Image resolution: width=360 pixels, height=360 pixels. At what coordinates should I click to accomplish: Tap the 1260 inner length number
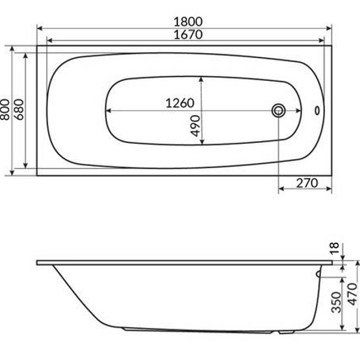(x=179, y=103)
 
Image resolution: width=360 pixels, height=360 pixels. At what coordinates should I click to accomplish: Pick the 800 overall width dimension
(x=6, y=110)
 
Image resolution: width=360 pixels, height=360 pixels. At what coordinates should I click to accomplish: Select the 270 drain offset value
(x=303, y=183)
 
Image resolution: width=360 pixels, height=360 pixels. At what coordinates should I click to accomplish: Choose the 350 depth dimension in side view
(x=336, y=303)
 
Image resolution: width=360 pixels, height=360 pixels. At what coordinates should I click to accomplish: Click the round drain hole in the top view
(x=279, y=110)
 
